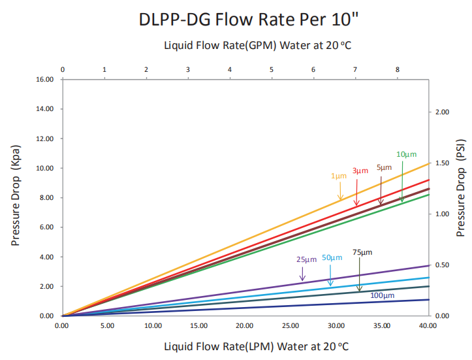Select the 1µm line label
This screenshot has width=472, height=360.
coord(339,176)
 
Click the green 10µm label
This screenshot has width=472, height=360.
coord(406,154)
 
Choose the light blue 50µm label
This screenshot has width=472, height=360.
coord(332,257)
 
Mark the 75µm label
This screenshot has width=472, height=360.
coord(362,252)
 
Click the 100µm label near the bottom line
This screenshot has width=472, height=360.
coord(383,295)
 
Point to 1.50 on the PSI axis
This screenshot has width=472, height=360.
coord(442,163)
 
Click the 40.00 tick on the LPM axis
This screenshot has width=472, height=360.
coord(428,325)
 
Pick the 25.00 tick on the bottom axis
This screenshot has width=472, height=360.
coord(291,325)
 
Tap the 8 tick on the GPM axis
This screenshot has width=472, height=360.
coord(398,69)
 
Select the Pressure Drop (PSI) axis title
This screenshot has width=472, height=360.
coord(460,188)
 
